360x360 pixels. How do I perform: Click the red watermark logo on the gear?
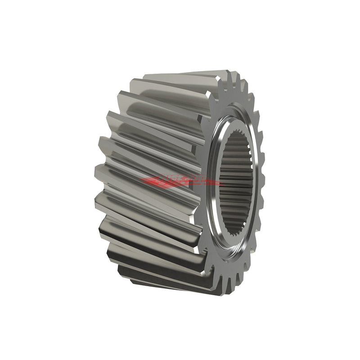pos(180,181)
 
